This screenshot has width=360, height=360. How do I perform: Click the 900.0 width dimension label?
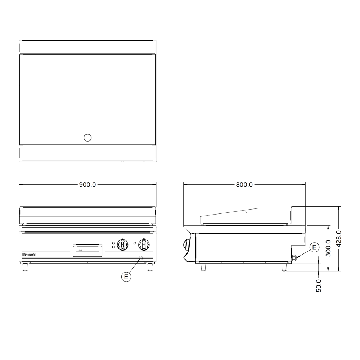point(87,185)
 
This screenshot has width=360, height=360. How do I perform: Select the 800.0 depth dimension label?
point(244,185)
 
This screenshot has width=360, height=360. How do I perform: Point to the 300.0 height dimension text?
point(328,248)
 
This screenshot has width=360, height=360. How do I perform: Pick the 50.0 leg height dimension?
point(319,285)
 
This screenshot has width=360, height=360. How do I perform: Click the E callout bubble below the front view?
point(126,277)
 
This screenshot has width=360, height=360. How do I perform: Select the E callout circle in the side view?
point(314,247)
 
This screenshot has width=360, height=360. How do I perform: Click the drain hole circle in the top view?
point(87,138)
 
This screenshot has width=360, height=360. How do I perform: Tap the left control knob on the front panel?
point(123,244)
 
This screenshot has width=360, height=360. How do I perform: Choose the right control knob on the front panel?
point(144,244)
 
